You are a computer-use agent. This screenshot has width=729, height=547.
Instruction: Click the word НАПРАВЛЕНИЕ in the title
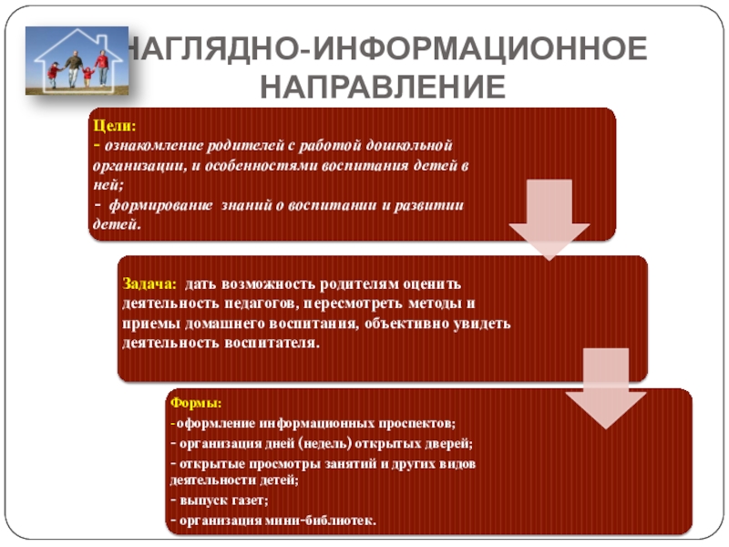[x=384, y=87]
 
